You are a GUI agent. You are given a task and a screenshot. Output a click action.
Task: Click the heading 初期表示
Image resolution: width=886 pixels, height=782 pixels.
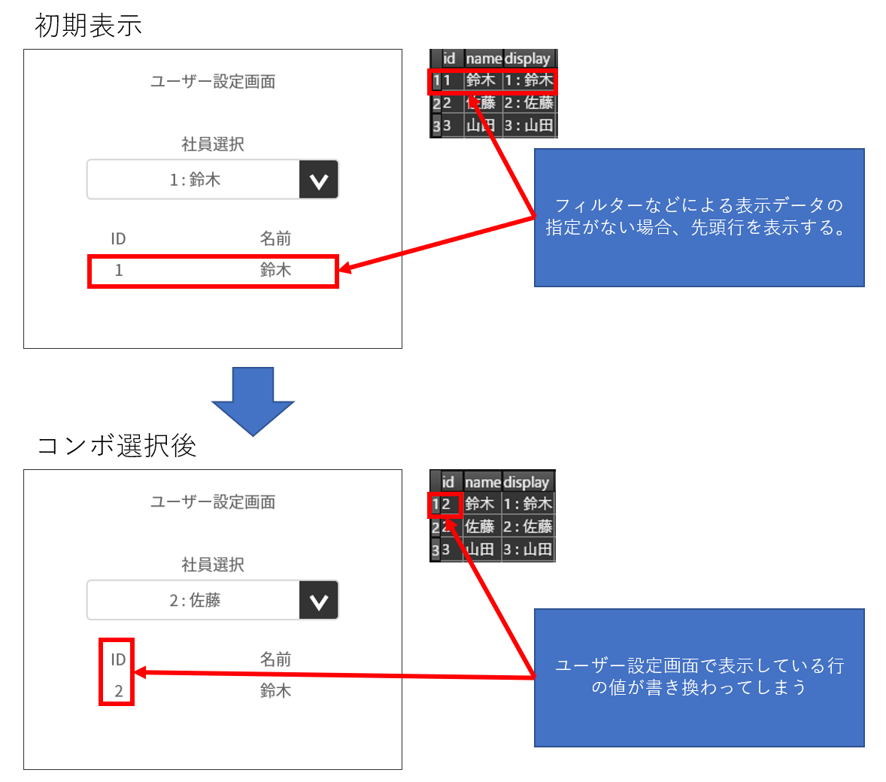[88, 26]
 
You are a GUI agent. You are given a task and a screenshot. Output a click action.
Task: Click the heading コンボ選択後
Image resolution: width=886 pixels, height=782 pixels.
[117, 446]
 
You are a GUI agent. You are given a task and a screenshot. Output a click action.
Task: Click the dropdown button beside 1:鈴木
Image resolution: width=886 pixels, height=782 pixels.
[318, 180]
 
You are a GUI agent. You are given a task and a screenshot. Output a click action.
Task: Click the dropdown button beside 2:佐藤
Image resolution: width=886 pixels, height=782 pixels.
[318, 601]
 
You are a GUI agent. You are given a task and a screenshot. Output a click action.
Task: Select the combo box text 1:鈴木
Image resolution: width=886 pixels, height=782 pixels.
[195, 180]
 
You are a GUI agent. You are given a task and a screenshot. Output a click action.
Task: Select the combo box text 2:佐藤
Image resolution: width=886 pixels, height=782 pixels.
[195, 600]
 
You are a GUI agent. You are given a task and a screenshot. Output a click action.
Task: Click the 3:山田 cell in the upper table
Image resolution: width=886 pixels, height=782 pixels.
[529, 126]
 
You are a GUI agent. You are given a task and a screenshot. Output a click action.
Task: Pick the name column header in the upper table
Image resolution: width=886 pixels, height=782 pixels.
[483, 59]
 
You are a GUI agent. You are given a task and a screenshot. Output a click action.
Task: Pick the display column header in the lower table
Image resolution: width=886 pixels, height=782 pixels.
[526, 482]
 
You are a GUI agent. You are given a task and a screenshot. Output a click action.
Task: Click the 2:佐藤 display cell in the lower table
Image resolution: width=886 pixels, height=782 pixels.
[528, 526]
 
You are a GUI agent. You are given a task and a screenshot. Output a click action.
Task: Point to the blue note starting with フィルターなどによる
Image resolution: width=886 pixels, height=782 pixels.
[699, 217]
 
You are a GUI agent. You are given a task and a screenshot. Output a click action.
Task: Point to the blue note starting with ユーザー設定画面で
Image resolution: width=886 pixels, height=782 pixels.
[699, 677]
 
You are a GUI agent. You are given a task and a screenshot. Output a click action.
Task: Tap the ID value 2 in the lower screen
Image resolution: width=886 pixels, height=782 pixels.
[118, 691]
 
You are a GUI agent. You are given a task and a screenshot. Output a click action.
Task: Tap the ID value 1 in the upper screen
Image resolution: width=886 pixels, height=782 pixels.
[118, 271]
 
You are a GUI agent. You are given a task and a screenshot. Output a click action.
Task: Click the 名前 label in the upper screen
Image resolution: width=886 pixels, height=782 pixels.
[275, 239]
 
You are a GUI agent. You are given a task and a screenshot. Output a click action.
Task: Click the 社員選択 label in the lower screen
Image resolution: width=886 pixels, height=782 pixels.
[213, 565]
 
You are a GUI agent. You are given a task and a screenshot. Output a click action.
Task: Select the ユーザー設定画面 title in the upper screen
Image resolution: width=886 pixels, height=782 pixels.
[213, 81]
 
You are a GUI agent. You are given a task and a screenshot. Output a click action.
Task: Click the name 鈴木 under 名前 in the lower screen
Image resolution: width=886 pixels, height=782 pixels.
[275, 691]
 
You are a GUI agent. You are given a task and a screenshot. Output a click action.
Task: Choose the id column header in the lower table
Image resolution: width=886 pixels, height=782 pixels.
[448, 482]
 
